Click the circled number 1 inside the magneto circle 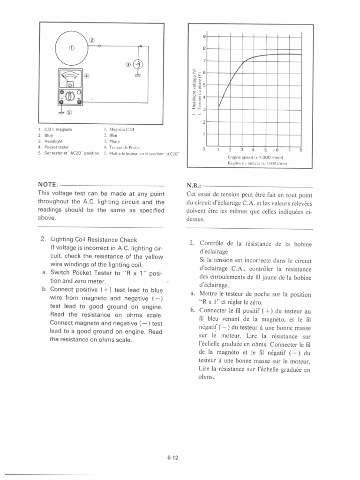71,48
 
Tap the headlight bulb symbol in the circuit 139,65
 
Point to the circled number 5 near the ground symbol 70,112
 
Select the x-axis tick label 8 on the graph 301,150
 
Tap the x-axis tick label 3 241,150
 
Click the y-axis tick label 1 204,135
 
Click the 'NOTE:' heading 47,185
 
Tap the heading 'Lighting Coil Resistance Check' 94,239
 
